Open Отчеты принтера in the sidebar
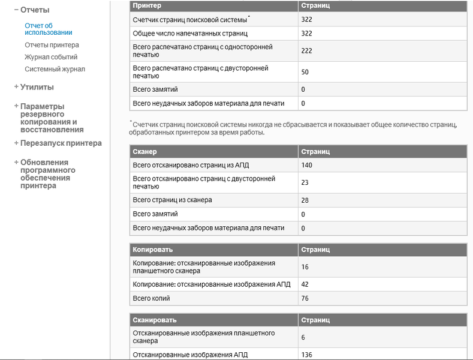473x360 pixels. coord(52,45)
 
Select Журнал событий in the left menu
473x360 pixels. coord(51,57)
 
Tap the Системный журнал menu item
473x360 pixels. coord(55,69)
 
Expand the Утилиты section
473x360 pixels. coord(37,87)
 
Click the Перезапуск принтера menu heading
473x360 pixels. coord(61,143)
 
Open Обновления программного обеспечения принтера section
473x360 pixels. coord(46,174)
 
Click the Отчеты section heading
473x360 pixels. coord(35,10)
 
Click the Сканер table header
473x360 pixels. coord(144,152)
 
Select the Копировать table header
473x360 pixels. coord(152,250)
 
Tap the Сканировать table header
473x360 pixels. coord(155,320)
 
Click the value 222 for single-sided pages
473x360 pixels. coord(307,51)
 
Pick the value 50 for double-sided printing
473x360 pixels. coord(305,72)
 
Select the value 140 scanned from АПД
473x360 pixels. coord(307,165)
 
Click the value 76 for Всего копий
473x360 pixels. coord(305,298)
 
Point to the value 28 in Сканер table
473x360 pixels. coord(305,200)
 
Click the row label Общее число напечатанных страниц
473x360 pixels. coord(190,34)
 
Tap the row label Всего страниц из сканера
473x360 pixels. coord(172,200)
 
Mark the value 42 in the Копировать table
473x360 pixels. coord(305,284)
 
